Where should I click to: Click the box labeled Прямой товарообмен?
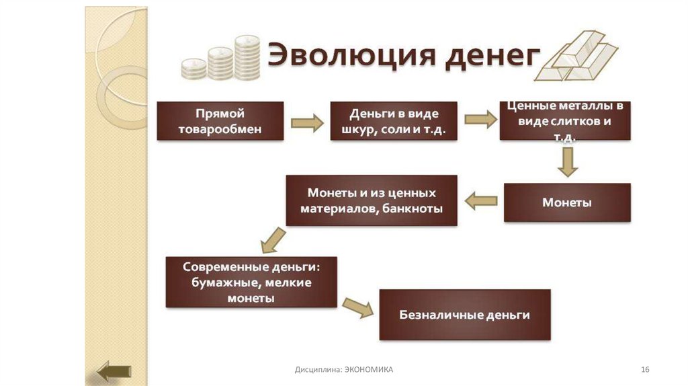pyautogui.click(x=219, y=121)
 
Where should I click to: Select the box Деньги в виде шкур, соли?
pyautogui.click(x=394, y=121)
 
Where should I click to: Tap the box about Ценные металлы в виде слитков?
pyautogui.click(x=565, y=121)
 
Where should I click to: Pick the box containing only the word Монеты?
pyautogui.click(x=567, y=202)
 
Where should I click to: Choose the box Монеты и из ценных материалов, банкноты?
pyautogui.click(x=372, y=200)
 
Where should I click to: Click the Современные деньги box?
pyautogui.click(x=251, y=281)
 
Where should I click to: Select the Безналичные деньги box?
pyautogui.click(x=465, y=315)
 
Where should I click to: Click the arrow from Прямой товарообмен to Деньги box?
pyautogui.click(x=306, y=123)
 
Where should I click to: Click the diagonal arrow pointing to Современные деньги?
pyautogui.click(x=273, y=238)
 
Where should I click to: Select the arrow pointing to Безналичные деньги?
pyautogui.click(x=357, y=307)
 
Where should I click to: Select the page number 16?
pyautogui.click(x=646, y=370)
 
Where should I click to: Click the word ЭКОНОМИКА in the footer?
pyautogui.click(x=369, y=370)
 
